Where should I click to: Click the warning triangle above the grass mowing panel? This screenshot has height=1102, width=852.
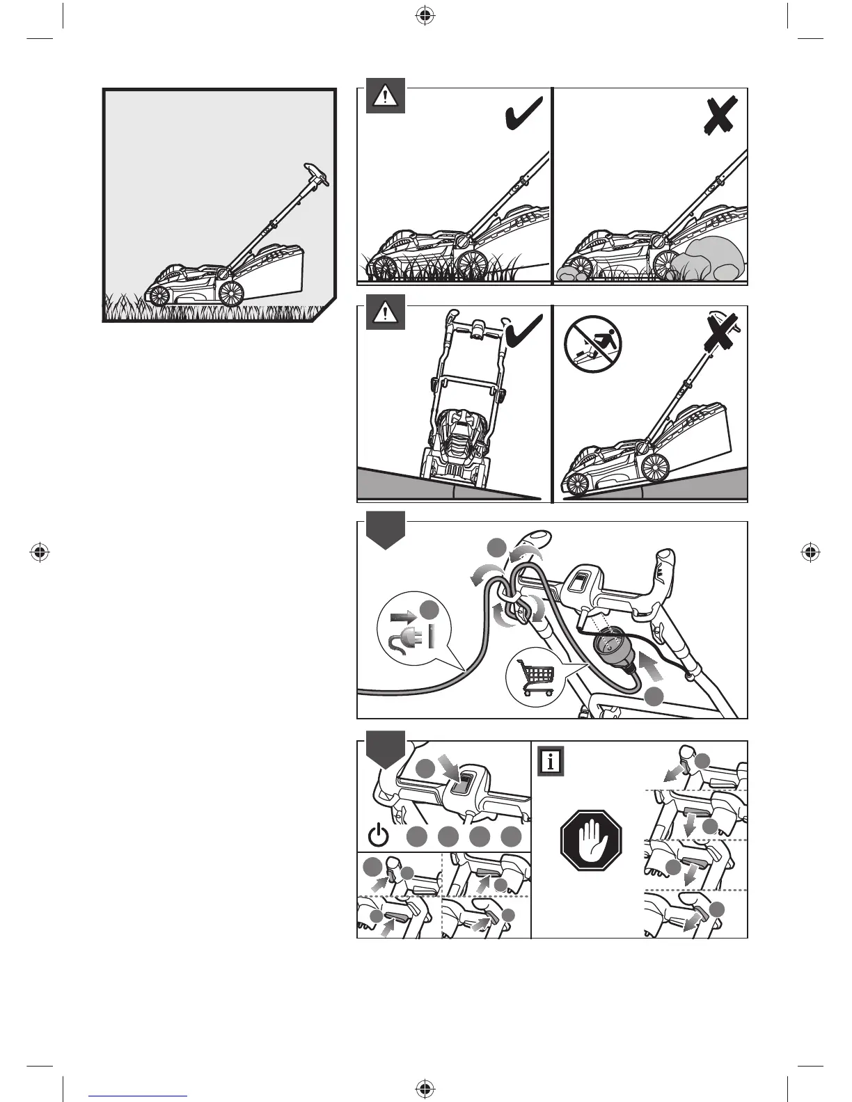point(385,97)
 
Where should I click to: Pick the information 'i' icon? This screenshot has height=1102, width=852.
point(551,761)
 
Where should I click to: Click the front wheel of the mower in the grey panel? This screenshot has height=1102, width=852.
point(159,296)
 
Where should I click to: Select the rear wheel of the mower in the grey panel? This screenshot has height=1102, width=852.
point(230,294)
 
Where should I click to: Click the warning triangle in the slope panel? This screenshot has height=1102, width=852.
point(385,314)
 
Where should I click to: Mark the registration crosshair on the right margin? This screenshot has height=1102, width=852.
point(810,552)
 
